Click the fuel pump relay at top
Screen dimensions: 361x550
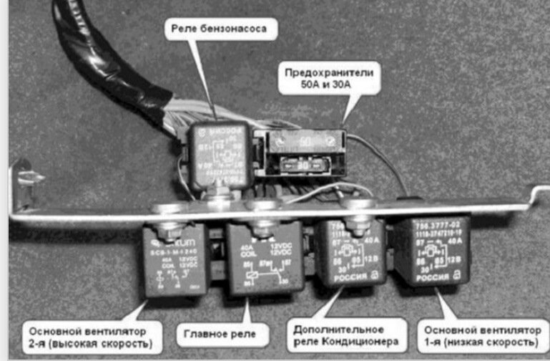[220, 155]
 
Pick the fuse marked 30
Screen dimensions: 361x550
[304, 165]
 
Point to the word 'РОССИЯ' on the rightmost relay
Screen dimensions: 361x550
[423, 275]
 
